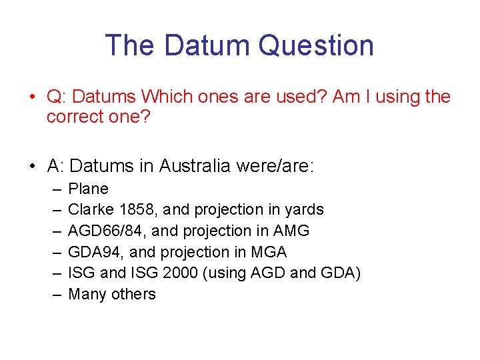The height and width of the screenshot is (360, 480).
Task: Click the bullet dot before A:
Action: pyautogui.click(x=33, y=166)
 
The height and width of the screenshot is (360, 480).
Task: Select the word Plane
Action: pyautogui.click(x=88, y=189)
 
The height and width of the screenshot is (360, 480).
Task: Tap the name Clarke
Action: pyautogui.click(x=91, y=209)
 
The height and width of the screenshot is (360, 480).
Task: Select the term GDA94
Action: pyautogui.click(x=91, y=252)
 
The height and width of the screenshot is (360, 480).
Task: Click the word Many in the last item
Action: pyautogui.click(x=87, y=294)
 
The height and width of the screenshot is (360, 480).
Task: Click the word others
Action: pyautogui.click(x=133, y=294)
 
